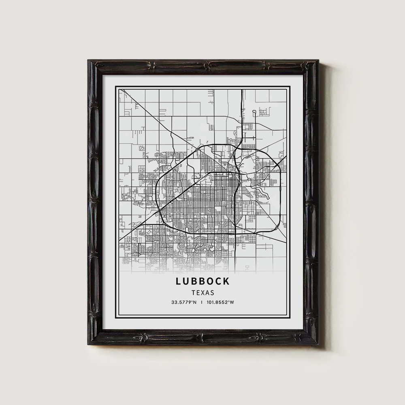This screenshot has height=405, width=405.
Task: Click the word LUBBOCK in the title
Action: (x=202, y=281)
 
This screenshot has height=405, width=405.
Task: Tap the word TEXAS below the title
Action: (x=202, y=292)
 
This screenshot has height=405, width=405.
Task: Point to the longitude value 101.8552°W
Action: (x=220, y=302)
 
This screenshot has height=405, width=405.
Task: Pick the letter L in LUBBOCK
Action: (x=179, y=281)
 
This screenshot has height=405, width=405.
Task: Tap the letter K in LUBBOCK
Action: (x=226, y=281)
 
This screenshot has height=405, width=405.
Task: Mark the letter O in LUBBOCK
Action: (x=210, y=281)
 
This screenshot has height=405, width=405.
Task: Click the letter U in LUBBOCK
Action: (x=186, y=281)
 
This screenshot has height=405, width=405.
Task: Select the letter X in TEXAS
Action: (x=202, y=292)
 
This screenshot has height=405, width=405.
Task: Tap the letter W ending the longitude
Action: (x=232, y=302)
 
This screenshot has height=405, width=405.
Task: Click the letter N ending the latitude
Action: (x=196, y=302)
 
